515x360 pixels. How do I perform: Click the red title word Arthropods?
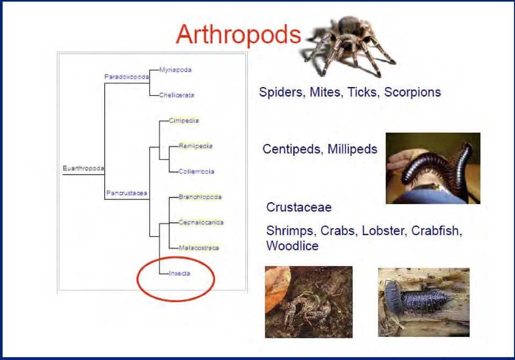pos(238,34)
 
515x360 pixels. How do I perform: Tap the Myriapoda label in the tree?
pos(176,70)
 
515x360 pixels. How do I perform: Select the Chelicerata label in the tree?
pos(177,95)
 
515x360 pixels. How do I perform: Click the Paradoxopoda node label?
pos(127,77)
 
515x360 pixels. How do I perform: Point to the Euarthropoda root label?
pos(83,168)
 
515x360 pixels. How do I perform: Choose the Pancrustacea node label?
pos(127,193)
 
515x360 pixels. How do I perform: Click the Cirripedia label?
pos(184,121)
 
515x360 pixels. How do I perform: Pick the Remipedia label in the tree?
pos(196,146)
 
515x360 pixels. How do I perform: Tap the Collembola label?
pos(197,171)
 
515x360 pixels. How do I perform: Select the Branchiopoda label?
pos(200,197)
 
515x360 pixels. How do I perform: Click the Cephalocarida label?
pos(201,222)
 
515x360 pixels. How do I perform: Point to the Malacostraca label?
pos(199,248)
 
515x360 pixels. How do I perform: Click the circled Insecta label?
pos(179,273)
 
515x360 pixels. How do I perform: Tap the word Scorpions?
pos(412,92)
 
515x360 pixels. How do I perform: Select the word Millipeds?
pos(352,149)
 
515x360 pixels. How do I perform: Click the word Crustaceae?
pos(299,207)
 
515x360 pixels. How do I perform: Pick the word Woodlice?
pos(292,246)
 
